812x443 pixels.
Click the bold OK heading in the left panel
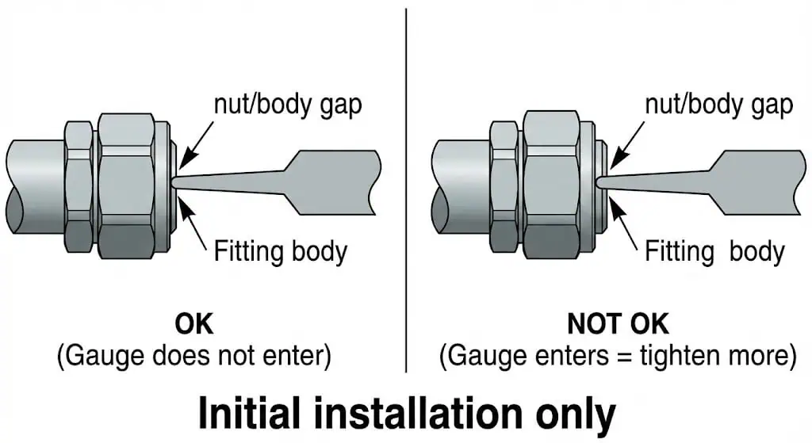click(x=194, y=324)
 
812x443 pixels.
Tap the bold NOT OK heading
click(x=618, y=324)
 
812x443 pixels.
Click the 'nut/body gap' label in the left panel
click(x=287, y=105)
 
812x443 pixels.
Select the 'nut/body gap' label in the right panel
click(x=718, y=105)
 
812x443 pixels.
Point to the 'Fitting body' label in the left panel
click(x=280, y=252)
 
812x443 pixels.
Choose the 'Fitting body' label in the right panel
click(x=714, y=252)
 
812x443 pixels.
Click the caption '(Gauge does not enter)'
click(x=193, y=356)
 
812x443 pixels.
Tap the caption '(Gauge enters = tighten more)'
click(x=618, y=356)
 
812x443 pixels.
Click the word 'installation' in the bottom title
click(x=412, y=413)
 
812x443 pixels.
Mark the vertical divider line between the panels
click(x=406, y=190)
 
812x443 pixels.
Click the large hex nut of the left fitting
click(x=126, y=186)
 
